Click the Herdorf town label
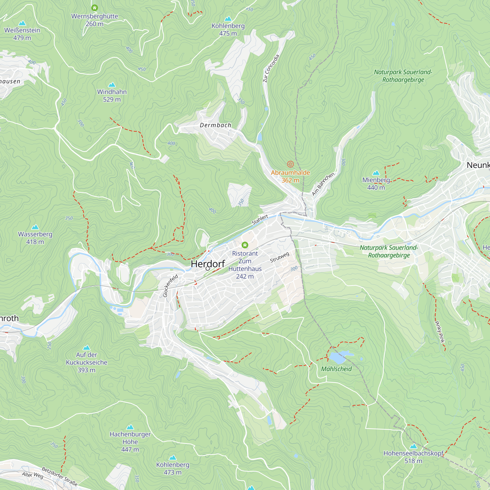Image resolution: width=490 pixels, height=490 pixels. [x=208, y=264]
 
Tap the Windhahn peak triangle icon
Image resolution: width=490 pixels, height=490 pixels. [x=112, y=85]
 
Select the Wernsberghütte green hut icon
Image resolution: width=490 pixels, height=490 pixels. [x=95, y=8]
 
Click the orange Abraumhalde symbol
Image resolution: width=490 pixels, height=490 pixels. [x=290, y=164]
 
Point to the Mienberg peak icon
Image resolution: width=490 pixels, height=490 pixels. [x=376, y=173]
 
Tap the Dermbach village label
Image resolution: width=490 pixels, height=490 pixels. [x=216, y=125]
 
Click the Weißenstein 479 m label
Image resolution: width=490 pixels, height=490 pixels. [x=22, y=34]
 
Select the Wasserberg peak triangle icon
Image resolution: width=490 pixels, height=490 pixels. [x=35, y=227]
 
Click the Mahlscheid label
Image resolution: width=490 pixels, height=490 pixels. [x=336, y=369]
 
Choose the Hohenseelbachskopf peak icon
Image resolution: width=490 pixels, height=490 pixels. [x=413, y=446]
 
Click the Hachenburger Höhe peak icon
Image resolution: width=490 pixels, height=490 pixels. [x=130, y=427]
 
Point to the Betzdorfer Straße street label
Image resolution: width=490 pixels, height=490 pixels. [x=60, y=477]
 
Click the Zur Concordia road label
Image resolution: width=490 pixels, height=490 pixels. [x=271, y=69]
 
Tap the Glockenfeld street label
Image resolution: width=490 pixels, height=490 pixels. [x=170, y=286]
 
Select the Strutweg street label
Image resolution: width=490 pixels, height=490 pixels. [x=280, y=257]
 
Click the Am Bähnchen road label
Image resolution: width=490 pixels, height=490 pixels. [x=323, y=184]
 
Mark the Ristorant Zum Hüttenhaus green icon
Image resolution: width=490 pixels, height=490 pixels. [x=245, y=245]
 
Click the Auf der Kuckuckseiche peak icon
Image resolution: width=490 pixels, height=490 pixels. [x=86, y=347]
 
